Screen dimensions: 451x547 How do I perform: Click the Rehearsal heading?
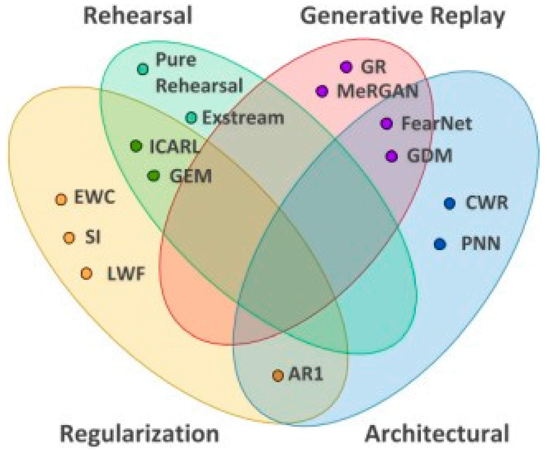click(x=137, y=16)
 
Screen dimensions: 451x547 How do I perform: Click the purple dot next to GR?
click(x=346, y=67)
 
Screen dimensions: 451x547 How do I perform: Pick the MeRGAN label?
click(x=377, y=91)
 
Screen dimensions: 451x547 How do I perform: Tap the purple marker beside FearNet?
click(x=387, y=124)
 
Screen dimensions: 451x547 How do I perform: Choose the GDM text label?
click(x=430, y=156)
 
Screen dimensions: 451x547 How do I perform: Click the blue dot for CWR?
click(x=450, y=203)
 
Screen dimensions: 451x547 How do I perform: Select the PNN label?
click(x=480, y=244)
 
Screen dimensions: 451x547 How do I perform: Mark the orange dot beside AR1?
click(x=278, y=376)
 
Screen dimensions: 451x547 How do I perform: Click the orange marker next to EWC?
click(x=61, y=200)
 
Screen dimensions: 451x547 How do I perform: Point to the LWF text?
click(x=126, y=274)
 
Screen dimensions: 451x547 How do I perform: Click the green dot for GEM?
click(x=154, y=176)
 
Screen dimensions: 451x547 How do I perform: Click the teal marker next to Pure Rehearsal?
click(x=143, y=69)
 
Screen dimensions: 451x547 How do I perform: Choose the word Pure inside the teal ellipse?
click(x=176, y=60)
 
